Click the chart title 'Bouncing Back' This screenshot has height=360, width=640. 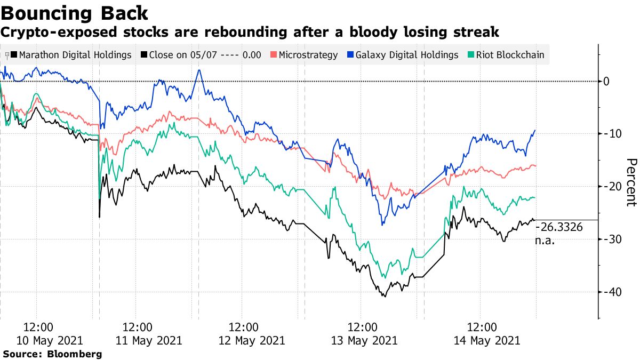(75, 13)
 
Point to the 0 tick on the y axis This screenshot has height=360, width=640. (606, 81)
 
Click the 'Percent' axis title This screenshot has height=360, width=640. (631, 182)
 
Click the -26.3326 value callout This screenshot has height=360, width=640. (558, 228)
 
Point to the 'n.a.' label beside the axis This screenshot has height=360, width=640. (545, 241)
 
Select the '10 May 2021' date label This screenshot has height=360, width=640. (52, 340)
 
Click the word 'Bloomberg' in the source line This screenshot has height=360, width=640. (75, 354)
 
